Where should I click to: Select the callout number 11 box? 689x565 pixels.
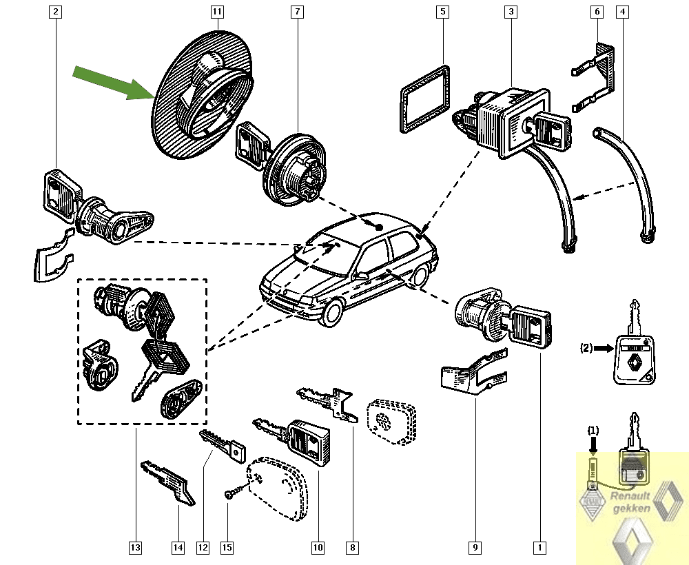coord(217,12)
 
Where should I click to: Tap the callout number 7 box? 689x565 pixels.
coord(297,12)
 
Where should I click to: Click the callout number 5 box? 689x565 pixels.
coord(442,12)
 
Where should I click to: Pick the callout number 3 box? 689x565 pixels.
coord(511,12)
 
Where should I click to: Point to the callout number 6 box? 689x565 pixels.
coord(597,12)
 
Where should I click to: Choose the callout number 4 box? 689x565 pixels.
coord(623,12)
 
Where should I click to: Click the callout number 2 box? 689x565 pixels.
coord(56,12)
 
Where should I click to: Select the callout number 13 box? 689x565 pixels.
coord(135,548)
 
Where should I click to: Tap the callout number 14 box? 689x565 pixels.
coord(178,548)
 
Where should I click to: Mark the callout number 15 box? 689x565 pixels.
coord(227,548)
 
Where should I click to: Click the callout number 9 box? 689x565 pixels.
coord(475,548)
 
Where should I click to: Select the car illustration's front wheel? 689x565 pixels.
coord(332,313)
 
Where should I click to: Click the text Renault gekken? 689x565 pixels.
coord(632,501)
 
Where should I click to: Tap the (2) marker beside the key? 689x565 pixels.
coord(586,349)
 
